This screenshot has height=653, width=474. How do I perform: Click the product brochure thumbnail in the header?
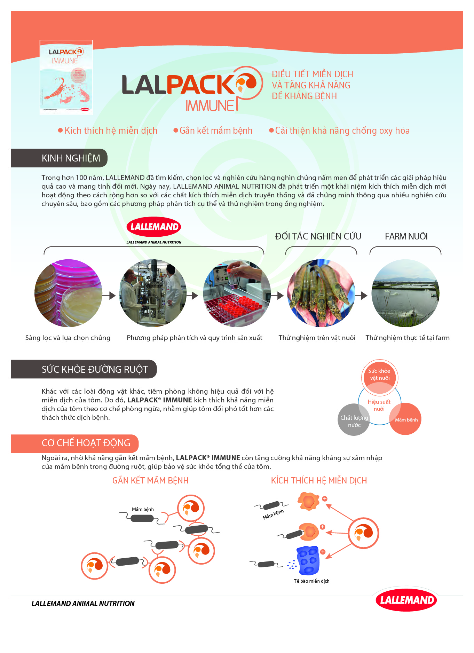click(x=66, y=77)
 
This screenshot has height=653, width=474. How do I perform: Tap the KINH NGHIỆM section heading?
click(x=71, y=158)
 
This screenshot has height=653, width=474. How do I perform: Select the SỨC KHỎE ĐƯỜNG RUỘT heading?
click(x=95, y=369)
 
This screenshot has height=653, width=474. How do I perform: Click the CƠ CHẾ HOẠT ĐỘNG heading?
click(x=86, y=443)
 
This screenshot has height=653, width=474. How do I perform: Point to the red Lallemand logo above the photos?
click(x=154, y=227)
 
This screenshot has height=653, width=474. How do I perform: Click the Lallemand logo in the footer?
click(x=406, y=600)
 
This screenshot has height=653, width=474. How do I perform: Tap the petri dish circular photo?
click(x=68, y=293)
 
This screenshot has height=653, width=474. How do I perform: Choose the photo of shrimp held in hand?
click(x=321, y=293)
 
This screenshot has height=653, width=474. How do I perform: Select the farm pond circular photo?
click(x=405, y=293)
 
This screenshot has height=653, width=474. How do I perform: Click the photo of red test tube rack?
click(x=237, y=293)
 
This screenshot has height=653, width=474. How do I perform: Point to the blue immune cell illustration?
click(x=308, y=560)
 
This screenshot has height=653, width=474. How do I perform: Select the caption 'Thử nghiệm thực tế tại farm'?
click(x=408, y=338)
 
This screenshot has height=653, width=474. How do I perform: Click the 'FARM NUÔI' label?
click(x=406, y=236)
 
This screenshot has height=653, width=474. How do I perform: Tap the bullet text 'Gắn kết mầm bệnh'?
click(x=216, y=131)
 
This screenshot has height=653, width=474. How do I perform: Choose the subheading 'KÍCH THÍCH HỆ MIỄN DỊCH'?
click(x=319, y=481)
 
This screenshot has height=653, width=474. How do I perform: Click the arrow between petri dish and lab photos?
click(x=112, y=296)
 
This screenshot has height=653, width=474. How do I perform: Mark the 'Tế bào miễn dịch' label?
click(x=311, y=581)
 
